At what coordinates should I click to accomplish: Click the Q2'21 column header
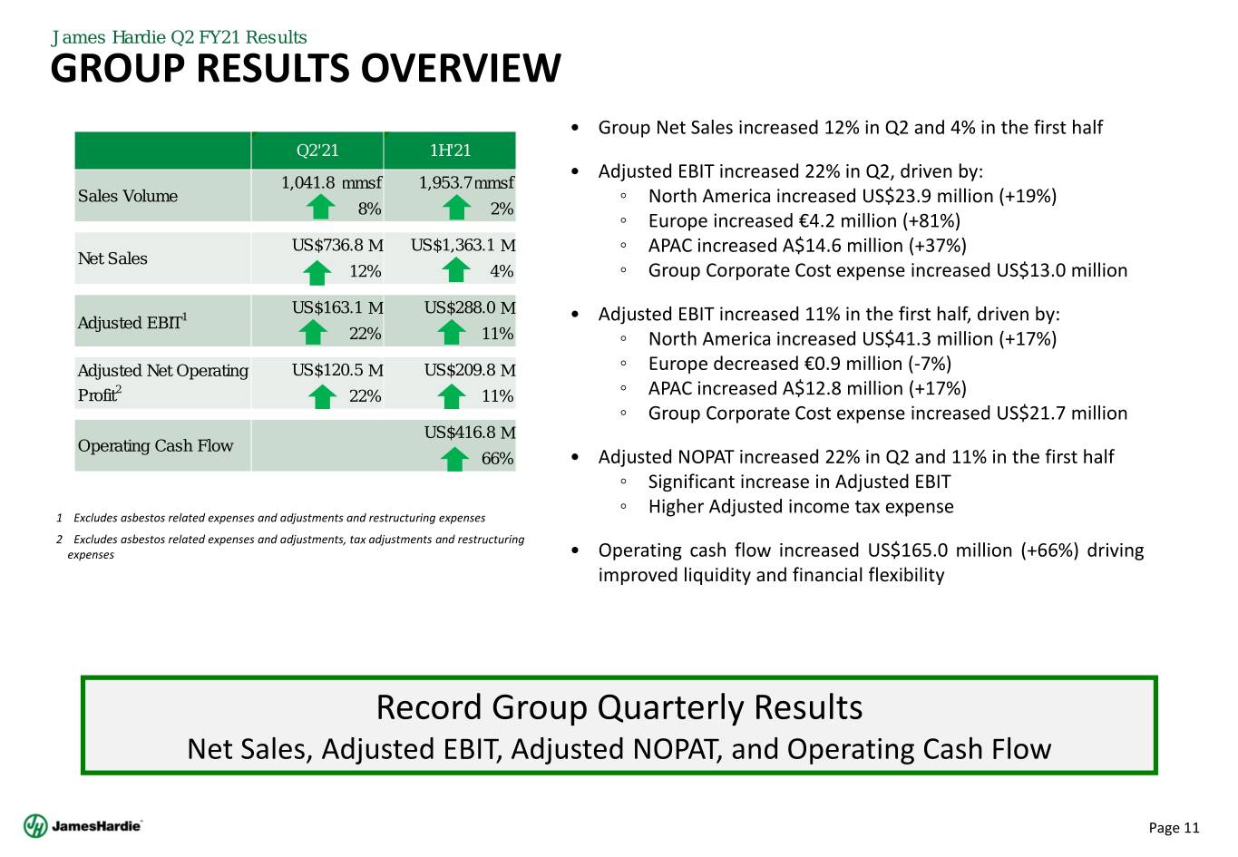click(x=317, y=151)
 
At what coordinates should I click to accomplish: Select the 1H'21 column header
click(x=450, y=151)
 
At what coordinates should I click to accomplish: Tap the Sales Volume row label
click(x=128, y=196)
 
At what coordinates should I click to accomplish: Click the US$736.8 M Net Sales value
click(x=337, y=245)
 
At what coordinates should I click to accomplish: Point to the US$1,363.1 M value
click(x=463, y=245)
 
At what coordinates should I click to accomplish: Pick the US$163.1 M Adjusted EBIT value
click(x=337, y=307)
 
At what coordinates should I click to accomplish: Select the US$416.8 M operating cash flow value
click(x=469, y=433)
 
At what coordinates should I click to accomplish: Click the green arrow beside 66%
click(x=454, y=459)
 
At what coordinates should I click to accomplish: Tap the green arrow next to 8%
click(x=321, y=209)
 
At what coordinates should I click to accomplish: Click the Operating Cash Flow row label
click(x=155, y=445)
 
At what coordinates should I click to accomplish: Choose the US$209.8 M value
click(x=469, y=370)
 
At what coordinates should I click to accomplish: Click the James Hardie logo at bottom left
click(x=83, y=826)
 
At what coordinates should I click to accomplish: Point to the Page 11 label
click(x=1174, y=827)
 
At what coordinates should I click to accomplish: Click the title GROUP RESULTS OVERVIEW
click(x=306, y=69)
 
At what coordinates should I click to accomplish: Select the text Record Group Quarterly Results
click(x=619, y=706)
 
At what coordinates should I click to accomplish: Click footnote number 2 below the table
click(x=59, y=540)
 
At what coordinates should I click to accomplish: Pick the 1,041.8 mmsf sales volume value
click(x=330, y=182)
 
